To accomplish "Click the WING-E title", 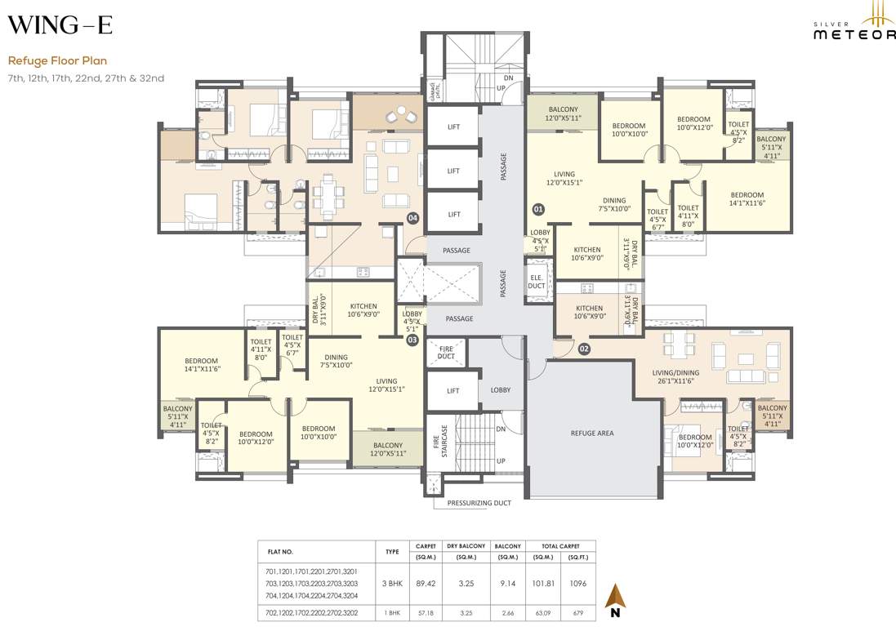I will (x=60, y=25).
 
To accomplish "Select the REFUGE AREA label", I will (x=591, y=433).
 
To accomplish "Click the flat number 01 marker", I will (x=538, y=210).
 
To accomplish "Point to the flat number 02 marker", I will (x=584, y=349).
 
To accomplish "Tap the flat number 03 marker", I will (x=412, y=340).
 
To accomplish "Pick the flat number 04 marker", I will (x=412, y=218).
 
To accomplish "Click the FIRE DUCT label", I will (x=446, y=352).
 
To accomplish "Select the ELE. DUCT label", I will (x=537, y=280).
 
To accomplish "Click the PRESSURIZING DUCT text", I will (x=479, y=503).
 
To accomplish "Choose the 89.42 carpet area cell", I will (x=426, y=584).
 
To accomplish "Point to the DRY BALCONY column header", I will (x=466, y=546).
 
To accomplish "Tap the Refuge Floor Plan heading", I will (x=57, y=60).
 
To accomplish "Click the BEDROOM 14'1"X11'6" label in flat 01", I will (x=747, y=199).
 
